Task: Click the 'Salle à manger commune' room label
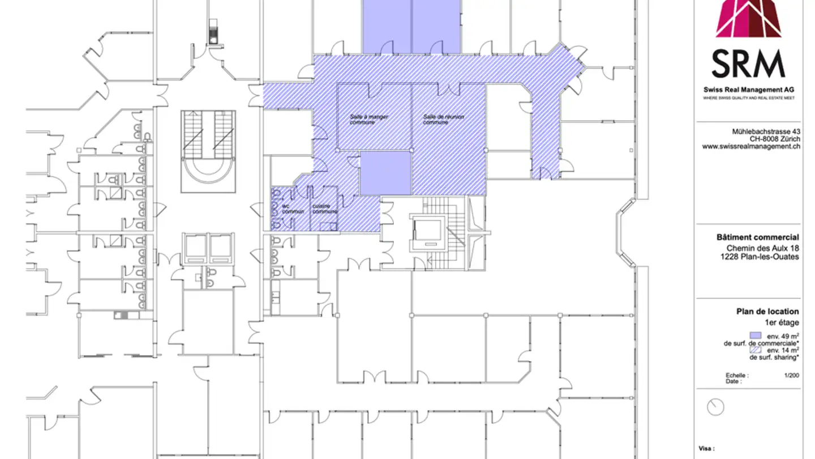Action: [x=368, y=120]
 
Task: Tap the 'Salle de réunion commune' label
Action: [x=443, y=120]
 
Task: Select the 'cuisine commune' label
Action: [x=324, y=209]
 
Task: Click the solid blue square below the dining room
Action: [x=385, y=173]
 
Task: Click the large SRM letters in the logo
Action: [x=748, y=64]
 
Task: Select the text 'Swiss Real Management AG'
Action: [x=748, y=90]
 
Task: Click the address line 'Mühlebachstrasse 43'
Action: [x=766, y=131]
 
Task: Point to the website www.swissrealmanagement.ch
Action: [x=751, y=146]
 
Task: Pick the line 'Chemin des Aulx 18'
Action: [x=762, y=248]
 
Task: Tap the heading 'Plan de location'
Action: [x=767, y=311]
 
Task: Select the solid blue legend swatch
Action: [x=755, y=335]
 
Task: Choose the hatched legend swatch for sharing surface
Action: [x=755, y=350]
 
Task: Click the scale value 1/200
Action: [x=791, y=375]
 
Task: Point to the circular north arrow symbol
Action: [x=716, y=407]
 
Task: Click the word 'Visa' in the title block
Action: [x=705, y=448]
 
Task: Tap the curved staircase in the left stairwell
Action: [x=208, y=167]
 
